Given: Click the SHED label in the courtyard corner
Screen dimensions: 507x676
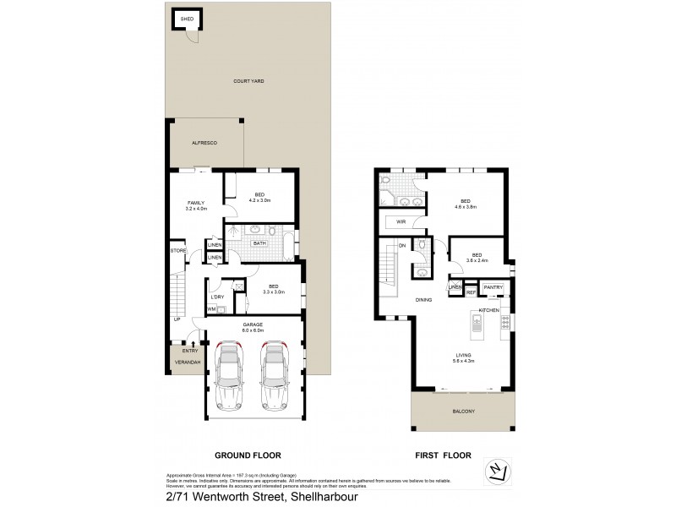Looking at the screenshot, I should (x=185, y=18).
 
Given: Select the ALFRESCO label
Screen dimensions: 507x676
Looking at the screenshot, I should (x=204, y=144).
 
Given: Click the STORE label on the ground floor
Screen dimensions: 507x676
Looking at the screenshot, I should (x=177, y=250).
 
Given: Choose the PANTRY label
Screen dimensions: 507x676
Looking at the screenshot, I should (x=493, y=287).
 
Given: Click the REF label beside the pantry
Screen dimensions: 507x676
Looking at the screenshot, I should (x=471, y=293).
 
